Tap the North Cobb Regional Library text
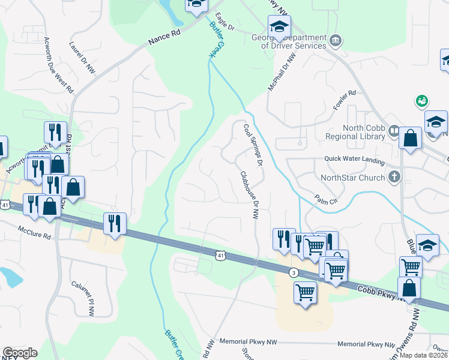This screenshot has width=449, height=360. coord(363,132)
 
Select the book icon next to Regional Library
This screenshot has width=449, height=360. coord(394,130)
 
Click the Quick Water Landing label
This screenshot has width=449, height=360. coord(354,159)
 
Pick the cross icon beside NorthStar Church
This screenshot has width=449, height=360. coord(394,176)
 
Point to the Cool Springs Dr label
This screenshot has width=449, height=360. coord(253,146)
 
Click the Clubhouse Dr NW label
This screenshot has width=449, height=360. coord(249,196)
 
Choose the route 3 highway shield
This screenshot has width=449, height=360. coord(294,272)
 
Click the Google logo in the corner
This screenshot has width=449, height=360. coord(20,352)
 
